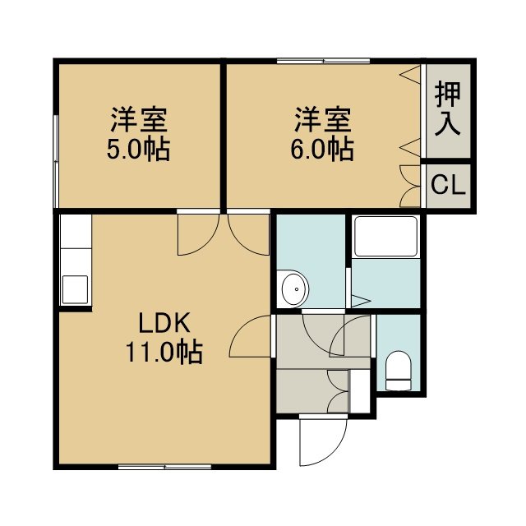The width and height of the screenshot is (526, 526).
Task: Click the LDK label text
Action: pyautogui.click(x=164, y=322)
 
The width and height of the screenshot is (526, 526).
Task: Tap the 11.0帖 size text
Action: pyautogui.click(x=164, y=353)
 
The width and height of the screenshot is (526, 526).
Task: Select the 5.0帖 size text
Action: pyautogui.click(x=138, y=149)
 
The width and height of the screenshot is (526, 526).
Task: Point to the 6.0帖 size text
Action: pyautogui.click(x=321, y=149)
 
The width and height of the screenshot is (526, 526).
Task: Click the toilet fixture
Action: pyautogui.click(x=398, y=371)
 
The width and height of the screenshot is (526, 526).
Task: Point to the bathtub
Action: pyautogui.click(x=385, y=237)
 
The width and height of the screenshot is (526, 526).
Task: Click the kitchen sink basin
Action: pyautogui.click(x=76, y=289)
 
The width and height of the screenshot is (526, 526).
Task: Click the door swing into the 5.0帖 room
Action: pyautogui.click(x=198, y=234)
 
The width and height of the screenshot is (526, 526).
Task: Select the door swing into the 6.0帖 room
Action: pyautogui.click(x=248, y=234)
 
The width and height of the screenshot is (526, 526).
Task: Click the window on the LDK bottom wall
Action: pyautogui.click(x=165, y=467)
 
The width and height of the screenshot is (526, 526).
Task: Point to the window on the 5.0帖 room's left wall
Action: pyautogui.click(x=56, y=162)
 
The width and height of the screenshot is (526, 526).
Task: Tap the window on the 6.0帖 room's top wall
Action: pyautogui.click(x=323, y=61)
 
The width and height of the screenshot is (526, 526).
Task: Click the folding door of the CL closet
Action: pyautogui.click(x=410, y=186)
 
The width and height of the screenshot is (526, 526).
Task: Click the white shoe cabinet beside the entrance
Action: pyautogui.click(x=360, y=391)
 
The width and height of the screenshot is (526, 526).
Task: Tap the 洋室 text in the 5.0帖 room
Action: pyautogui.click(x=139, y=119)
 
